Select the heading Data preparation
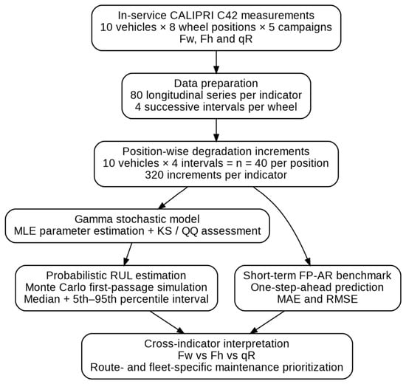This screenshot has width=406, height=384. [x=216, y=83]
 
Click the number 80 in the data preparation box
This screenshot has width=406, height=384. [x=137, y=95]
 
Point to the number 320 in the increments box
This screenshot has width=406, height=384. [x=154, y=175]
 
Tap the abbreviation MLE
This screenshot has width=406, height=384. [x=25, y=231]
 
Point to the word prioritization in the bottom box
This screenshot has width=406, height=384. [x=313, y=367]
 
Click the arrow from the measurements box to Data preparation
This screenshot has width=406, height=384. [x=216, y=62]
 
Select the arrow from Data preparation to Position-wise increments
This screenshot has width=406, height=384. [x=216, y=130]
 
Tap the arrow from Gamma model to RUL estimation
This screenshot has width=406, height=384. [x=128, y=254]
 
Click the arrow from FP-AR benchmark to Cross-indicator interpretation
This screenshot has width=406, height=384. [x=267, y=322]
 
